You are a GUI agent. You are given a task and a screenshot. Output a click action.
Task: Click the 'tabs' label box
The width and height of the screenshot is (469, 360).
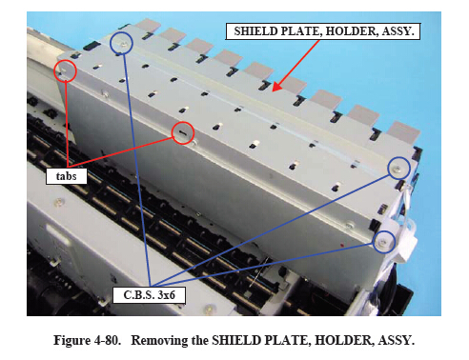coord(67,176)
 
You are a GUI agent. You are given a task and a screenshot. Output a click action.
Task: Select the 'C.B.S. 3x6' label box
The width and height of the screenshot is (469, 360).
coord(149,295)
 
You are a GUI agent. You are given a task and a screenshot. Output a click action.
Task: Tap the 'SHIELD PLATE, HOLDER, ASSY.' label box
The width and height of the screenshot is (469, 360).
coord(323,31)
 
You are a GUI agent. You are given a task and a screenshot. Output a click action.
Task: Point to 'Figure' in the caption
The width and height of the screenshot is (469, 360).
coord(71,340)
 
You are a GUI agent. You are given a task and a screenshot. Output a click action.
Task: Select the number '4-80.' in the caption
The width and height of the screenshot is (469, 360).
coord(108,340)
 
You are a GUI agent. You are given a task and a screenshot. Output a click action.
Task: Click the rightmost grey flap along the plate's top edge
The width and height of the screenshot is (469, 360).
coord(403,131)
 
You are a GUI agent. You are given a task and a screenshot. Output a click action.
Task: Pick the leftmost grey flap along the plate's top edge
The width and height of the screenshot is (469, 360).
coord(149,25)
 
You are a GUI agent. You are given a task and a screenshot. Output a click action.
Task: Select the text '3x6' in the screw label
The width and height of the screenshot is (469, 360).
coord(167,295)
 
